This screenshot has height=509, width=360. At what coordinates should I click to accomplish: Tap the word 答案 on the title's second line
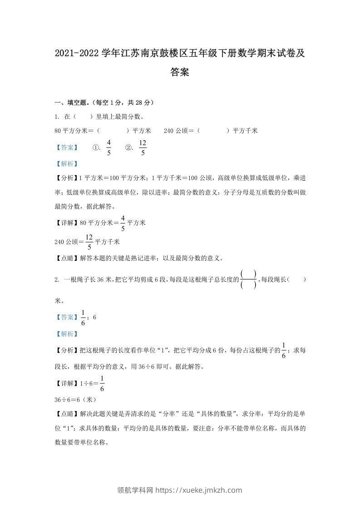(180, 72)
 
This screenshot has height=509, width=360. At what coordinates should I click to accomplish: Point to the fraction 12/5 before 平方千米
(89, 241)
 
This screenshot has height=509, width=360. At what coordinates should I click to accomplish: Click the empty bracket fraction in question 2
(249, 279)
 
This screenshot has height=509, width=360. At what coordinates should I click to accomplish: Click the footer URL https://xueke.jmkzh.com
(199, 490)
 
